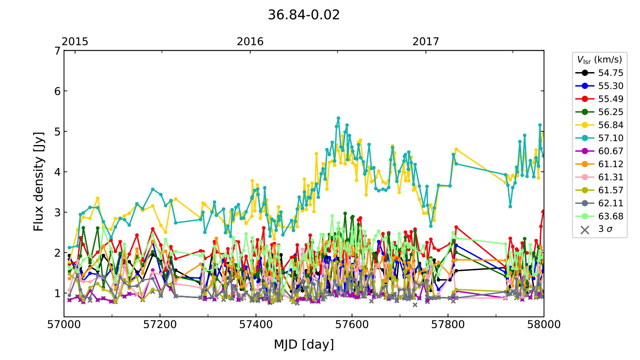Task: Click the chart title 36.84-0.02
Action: tap(304, 15)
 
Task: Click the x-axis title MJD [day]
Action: tap(304, 344)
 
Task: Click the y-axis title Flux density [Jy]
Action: tap(39, 181)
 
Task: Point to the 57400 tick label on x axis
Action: tap(256, 325)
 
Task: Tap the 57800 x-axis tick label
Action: tap(448, 325)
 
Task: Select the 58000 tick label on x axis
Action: tap(544, 325)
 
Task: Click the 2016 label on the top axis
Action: tap(250, 41)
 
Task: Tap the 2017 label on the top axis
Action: tap(426, 41)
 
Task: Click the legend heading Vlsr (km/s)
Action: tap(599, 60)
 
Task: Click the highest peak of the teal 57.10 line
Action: tap(338, 118)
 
